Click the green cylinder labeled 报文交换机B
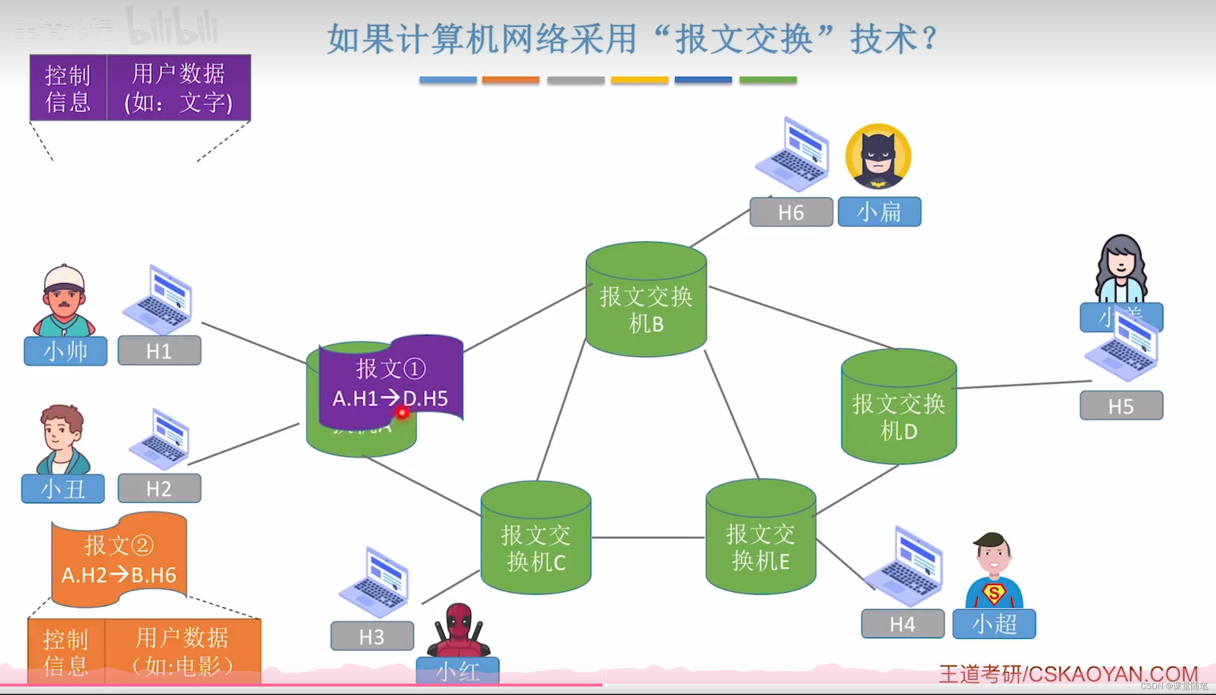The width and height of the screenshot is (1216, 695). coord(646,302)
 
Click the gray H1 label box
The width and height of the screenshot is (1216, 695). coord(159,351)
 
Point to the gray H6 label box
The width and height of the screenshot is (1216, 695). coord(791,213)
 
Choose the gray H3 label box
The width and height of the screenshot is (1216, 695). coord(372,637)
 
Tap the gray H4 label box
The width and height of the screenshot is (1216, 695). coord(902,624)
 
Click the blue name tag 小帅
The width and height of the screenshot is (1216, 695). coord(65,351)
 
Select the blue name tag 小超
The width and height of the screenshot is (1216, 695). coord(994,624)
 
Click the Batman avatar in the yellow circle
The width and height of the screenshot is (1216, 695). coord(878,157)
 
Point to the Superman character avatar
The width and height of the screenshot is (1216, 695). coord(994,572)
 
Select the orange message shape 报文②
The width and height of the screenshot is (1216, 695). coord(119,560)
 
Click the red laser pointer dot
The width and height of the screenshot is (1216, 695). coord(402,412)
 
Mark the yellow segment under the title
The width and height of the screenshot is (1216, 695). coord(639,80)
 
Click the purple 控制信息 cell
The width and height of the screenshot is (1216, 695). coord(68,88)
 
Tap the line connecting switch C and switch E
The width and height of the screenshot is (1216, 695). coord(648,537)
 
